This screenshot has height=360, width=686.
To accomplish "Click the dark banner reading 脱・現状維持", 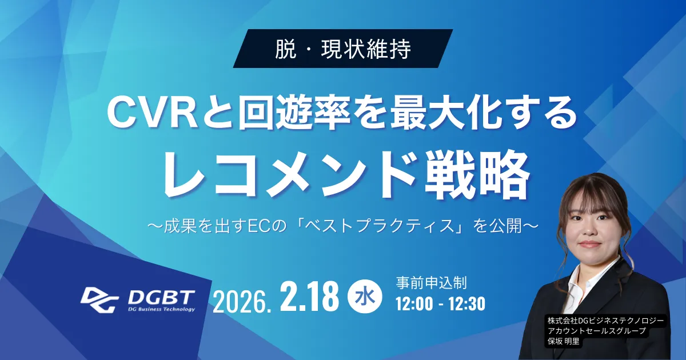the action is coord(343,49).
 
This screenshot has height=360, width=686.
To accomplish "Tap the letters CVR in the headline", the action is coord(152,114).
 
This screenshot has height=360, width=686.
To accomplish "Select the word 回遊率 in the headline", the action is coord(294,114).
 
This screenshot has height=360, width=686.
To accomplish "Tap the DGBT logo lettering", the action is coord(161,297).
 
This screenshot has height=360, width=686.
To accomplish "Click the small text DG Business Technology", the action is coord(161,309).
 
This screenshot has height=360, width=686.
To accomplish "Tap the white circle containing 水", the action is coord(365,297).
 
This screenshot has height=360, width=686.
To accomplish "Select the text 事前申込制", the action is coord(431,283).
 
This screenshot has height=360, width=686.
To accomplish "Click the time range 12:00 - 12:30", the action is coord(440,303).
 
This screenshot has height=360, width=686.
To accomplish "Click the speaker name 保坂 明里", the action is coord(564,341).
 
